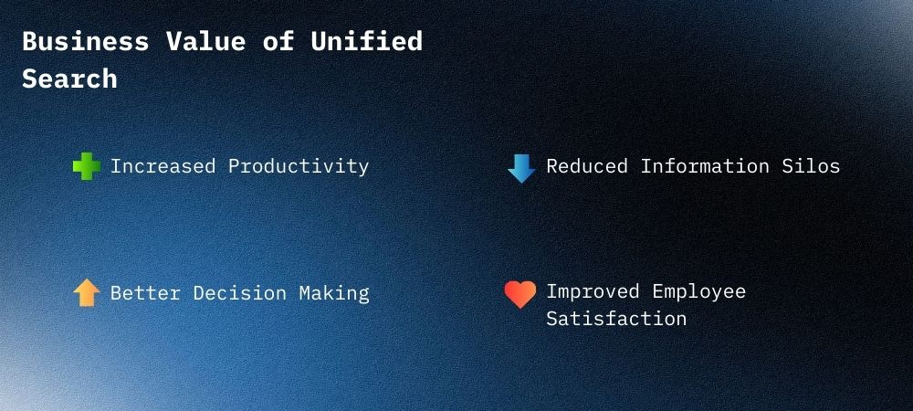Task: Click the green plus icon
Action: pos(86,167)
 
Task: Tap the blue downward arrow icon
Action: pos(521,168)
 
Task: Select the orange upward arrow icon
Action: pos(86,293)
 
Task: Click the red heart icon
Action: pos(520,294)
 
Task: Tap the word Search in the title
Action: pos(69,79)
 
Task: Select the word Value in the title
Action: pos(204,42)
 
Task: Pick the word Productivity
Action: pos(299,167)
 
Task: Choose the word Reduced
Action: pos(587,166)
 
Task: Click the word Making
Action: pos(334,294)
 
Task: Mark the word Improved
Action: pos(593,291)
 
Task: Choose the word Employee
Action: pos(698,292)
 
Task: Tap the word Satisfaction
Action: pos(616,319)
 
